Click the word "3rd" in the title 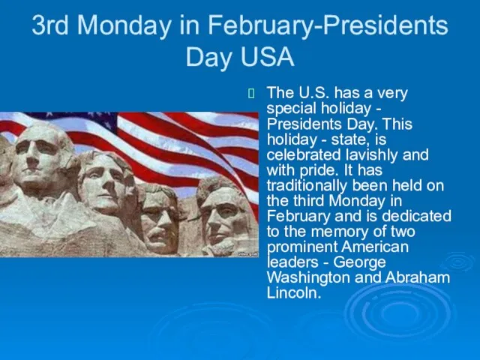(50, 25)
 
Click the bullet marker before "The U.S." (251, 93)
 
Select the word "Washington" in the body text (308, 277)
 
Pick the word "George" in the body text (359, 262)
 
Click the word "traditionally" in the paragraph (307, 186)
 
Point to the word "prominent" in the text (301, 247)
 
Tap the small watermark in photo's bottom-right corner (248, 254)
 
